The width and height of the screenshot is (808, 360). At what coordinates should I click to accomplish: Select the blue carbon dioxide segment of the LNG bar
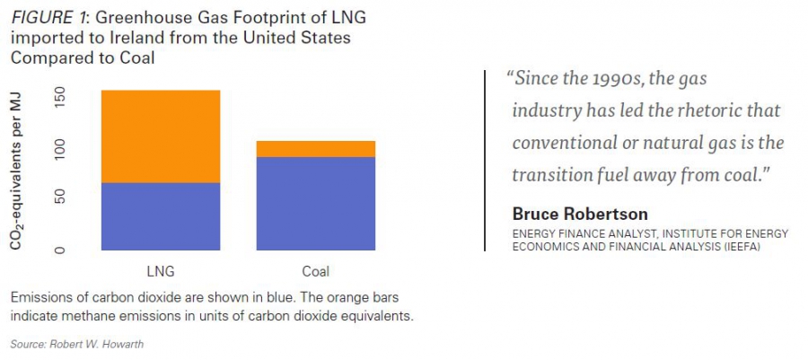click(x=161, y=216)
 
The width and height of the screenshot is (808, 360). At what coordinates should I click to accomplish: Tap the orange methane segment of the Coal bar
click(x=316, y=149)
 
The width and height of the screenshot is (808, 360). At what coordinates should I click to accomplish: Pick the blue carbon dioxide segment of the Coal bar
click(x=316, y=204)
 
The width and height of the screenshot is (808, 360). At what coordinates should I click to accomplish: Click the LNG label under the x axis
click(x=161, y=271)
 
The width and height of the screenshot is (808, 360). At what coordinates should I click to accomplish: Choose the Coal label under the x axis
click(x=316, y=271)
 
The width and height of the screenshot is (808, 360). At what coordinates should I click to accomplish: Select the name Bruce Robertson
click(x=579, y=214)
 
